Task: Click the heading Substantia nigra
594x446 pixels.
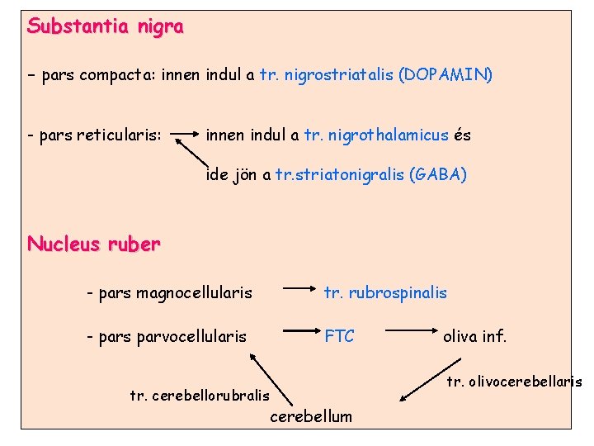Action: [105, 26]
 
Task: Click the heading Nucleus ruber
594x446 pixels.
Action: [93, 244]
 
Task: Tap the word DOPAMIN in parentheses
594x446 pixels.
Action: [445, 75]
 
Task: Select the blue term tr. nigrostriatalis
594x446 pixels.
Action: [327, 75]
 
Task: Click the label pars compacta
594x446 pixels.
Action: [91, 75]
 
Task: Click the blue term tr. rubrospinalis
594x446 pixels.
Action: [385, 292]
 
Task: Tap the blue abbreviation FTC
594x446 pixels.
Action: [339, 336]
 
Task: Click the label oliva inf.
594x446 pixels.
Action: [474, 336]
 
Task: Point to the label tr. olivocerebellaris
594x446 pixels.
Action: [514, 381]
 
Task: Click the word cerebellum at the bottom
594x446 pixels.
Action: [311, 416]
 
